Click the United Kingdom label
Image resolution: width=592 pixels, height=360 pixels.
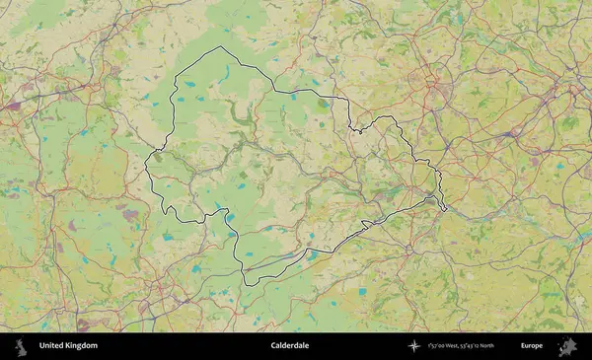click(x=68, y=346)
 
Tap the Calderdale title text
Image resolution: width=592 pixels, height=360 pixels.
click(x=290, y=346)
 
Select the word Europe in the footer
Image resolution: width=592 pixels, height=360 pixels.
click(x=532, y=346)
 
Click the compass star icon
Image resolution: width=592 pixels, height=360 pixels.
click(x=415, y=346)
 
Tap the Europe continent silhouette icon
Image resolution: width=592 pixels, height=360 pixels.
click(x=567, y=346)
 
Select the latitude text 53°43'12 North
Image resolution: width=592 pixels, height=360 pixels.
click(x=495, y=346)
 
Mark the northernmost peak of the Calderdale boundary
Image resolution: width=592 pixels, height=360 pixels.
click(x=221, y=47)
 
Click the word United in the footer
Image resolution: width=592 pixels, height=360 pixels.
click(x=51, y=346)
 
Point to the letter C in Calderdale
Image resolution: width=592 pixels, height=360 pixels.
click(x=273, y=346)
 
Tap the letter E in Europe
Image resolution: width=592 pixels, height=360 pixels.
click(x=523, y=346)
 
